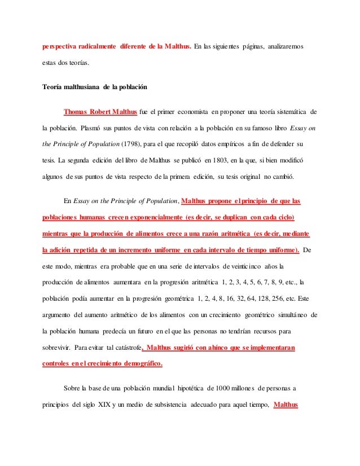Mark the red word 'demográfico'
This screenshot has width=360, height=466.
coord(135,364)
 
